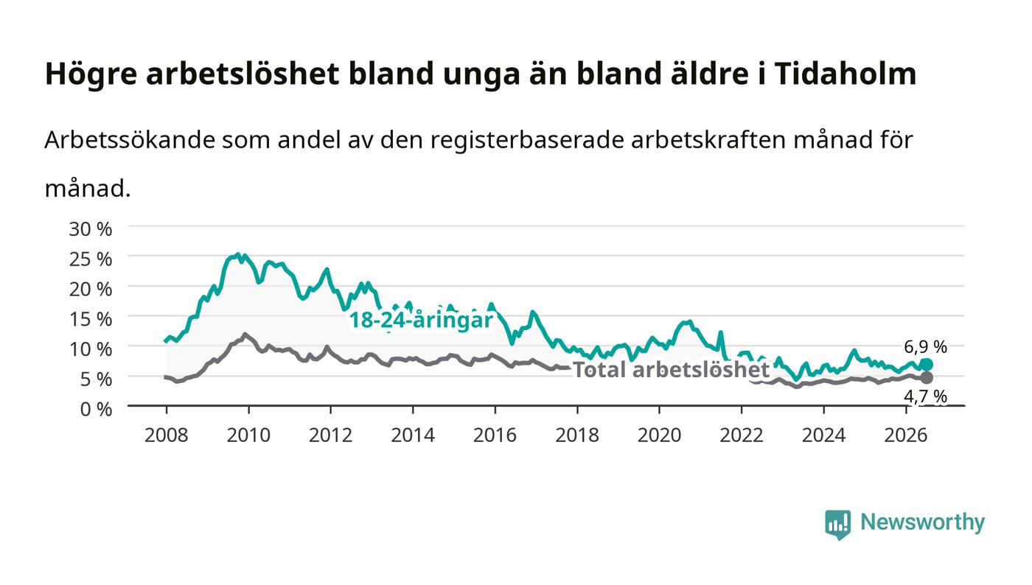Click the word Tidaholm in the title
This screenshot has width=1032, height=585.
coord(845,74)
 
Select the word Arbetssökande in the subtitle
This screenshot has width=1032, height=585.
coord(130,139)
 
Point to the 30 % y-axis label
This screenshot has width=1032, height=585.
coord(90,229)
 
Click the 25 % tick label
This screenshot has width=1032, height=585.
coord(90,259)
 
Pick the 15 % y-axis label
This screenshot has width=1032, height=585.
coord(90,319)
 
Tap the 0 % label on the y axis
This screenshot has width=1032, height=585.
coord(96,409)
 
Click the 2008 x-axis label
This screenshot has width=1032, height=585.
coord(167,435)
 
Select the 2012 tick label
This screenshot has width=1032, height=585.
coord(330,435)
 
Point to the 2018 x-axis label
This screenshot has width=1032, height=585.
coord(576,435)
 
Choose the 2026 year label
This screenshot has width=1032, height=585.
coord(905,435)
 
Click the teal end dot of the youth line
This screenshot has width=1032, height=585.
coord(927,365)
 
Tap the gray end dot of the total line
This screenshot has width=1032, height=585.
coord(927,378)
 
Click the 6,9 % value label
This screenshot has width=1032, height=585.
coord(925,347)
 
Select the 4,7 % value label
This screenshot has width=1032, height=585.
coord(925,396)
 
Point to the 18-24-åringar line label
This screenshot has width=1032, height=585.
coord(421,320)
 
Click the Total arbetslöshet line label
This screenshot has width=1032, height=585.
coord(671,369)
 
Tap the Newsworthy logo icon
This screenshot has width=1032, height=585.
coord(837,525)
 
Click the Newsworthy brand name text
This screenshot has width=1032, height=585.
coord(922,522)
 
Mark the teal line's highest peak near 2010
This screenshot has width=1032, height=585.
coord(237,253)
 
